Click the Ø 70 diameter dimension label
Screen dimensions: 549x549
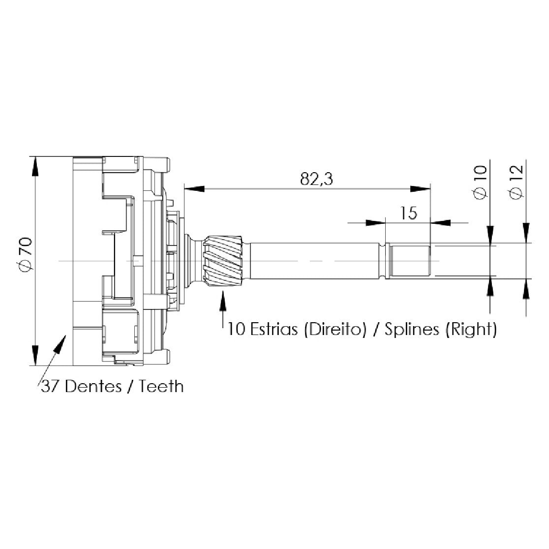26,255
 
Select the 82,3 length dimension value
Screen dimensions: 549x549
316,179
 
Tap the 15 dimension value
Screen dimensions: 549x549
409,213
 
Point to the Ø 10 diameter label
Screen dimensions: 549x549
480,183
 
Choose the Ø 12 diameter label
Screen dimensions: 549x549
517,183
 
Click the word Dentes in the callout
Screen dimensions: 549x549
93,387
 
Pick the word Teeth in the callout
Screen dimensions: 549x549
161,387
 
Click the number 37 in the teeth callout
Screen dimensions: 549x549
51,387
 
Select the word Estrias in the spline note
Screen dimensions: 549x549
274,329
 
